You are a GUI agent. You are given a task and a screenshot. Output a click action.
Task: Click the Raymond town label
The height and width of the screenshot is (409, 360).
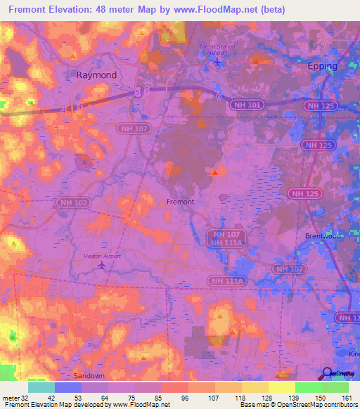(96, 74)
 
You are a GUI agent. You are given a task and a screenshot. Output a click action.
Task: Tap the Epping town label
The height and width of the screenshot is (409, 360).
(323, 66)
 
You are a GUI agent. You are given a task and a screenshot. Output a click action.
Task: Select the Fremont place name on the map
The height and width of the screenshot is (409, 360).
(179, 201)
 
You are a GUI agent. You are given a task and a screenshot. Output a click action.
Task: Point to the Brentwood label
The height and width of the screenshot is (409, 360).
(323, 236)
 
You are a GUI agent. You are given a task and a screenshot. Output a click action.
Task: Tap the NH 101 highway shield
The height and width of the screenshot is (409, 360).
(245, 104)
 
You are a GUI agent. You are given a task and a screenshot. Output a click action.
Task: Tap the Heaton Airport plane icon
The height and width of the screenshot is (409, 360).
(103, 266)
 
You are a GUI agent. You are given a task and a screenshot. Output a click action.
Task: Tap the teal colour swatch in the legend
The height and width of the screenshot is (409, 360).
(41, 387)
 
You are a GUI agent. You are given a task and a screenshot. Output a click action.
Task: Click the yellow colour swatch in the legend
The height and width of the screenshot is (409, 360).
(282, 387)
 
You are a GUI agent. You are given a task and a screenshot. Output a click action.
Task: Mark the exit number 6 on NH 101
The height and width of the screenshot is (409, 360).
(219, 96)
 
